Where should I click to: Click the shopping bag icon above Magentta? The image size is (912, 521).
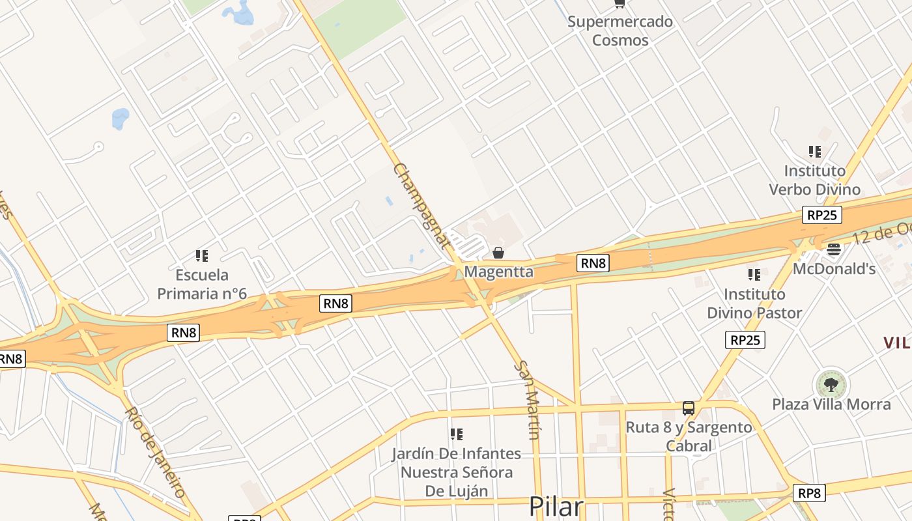pyautogui.click(x=498, y=253)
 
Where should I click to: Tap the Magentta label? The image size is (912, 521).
pyautogui.click(x=498, y=272)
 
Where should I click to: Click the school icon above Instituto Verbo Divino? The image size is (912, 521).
pyautogui.click(x=814, y=152)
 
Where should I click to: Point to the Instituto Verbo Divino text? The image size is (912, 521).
pyautogui.click(x=814, y=180)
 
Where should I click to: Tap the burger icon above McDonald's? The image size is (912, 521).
pyautogui.click(x=833, y=249)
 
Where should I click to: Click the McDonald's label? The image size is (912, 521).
pyautogui.click(x=834, y=268)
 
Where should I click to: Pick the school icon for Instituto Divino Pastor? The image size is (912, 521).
pyautogui.click(x=754, y=275)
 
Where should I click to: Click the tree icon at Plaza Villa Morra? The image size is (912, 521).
pyautogui.click(x=831, y=384)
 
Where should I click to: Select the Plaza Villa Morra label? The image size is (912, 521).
pyautogui.click(x=831, y=404)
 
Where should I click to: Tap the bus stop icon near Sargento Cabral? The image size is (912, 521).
pyautogui.click(x=689, y=408)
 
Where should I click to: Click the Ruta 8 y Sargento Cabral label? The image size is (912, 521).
pyautogui.click(x=689, y=437)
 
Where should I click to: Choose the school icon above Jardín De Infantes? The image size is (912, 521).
pyautogui.click(x=457, y=434)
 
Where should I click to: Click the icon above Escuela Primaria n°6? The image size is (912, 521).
pyautogui.click(x=202, y=256)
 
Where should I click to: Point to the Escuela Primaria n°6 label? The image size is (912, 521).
pyautogui.click(x=202, y=284)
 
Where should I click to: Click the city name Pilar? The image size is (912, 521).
pyautogui.click(x=556, y=507)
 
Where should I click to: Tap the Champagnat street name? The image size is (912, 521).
pyautogui.click(x=421, y=206)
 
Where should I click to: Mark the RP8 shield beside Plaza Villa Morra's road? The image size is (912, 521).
pyautogui.click(x=809, y=493)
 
